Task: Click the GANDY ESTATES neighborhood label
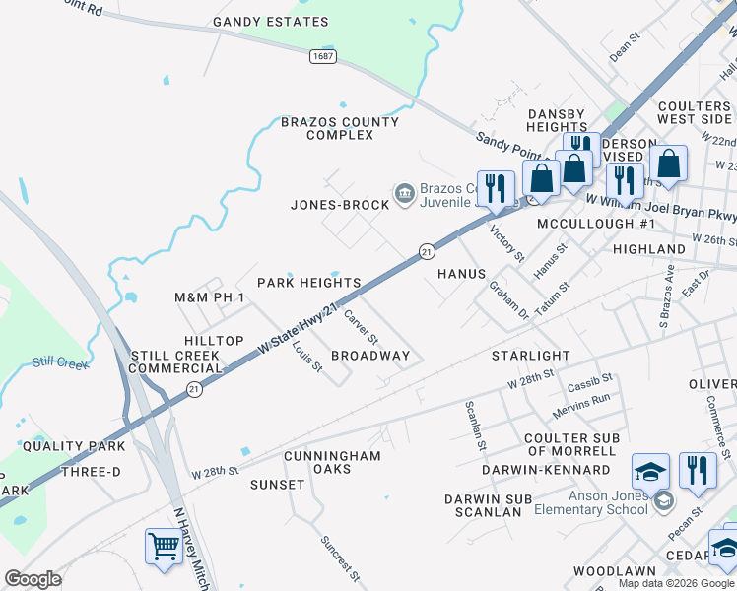(270, 22)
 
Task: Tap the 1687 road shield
(322, 56)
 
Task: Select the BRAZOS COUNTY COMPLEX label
(340, 128)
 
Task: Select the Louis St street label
(307, 358)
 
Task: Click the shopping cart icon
(164, 545)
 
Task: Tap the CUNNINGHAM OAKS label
(332, 462)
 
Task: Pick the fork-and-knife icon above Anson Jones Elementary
(699, 470)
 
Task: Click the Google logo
(33, 578)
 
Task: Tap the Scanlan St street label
(475, 425)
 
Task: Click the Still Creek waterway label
(60, 362)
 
